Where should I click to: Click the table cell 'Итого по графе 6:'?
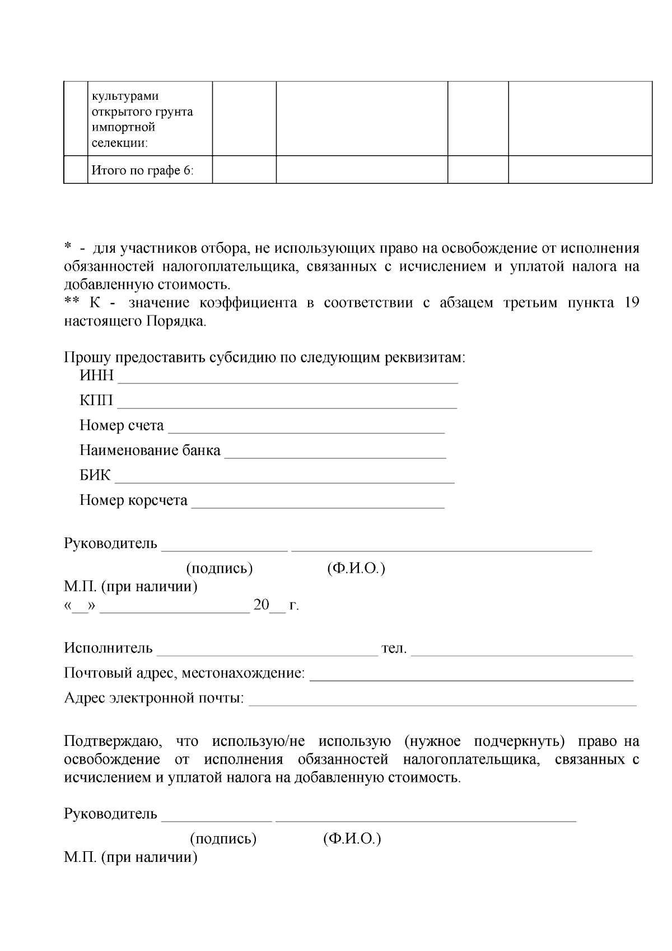point(143,170)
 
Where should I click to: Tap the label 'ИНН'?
point(96,376)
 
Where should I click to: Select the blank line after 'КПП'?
point(287,406)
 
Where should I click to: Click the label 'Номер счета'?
point(122,426)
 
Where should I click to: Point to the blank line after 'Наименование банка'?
point(335,455)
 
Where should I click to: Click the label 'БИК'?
point(95,476)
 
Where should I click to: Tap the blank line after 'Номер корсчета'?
point(318,505)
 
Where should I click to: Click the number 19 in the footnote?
point(631,303)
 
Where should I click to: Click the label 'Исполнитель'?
point(108,648)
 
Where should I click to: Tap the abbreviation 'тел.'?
point(394,649)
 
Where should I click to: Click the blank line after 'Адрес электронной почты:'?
point(442,703)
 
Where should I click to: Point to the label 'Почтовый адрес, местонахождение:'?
point(185,673)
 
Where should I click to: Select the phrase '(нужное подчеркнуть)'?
point(484,741)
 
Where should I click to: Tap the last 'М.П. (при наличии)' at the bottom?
point(130,857)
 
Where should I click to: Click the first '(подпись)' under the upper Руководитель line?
point(220,569)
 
